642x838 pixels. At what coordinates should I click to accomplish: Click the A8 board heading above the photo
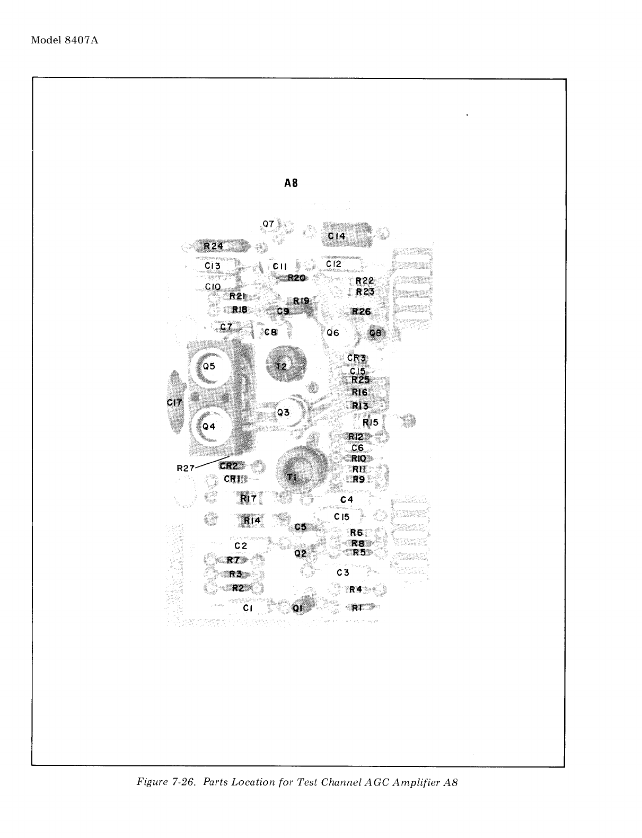click(x=291, y=183)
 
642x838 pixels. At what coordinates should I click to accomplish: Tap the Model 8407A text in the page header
click(x=65, y=41)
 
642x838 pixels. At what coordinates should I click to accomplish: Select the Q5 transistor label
click(x=209, y=366)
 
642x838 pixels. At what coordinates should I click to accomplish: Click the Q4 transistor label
click(x=209, y=426)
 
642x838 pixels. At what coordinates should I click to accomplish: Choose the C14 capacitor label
click(x=337, y=236)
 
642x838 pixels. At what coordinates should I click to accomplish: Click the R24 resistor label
click(x=214, y=246)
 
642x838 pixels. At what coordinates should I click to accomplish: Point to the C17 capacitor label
click(x=174, y=403)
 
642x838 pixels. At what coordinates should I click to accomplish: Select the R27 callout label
click(x=186, y=468)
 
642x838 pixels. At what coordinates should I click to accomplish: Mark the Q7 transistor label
click(x=269, y=224)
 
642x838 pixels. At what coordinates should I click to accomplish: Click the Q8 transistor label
click(x=375, y=333)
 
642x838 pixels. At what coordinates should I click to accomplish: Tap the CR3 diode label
click(x=357, y=358)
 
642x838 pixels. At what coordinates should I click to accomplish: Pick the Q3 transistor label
click(x=284, y=412)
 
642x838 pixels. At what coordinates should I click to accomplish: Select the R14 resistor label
click(x=252, y=521)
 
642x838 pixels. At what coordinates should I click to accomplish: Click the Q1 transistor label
click(x=298, y=608)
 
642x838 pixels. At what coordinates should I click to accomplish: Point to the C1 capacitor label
click(x=248, y=608)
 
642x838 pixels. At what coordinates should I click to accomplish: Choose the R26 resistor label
click(x=362, y=312)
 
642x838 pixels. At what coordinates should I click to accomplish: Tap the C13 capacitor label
click(x=213, y=266)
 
